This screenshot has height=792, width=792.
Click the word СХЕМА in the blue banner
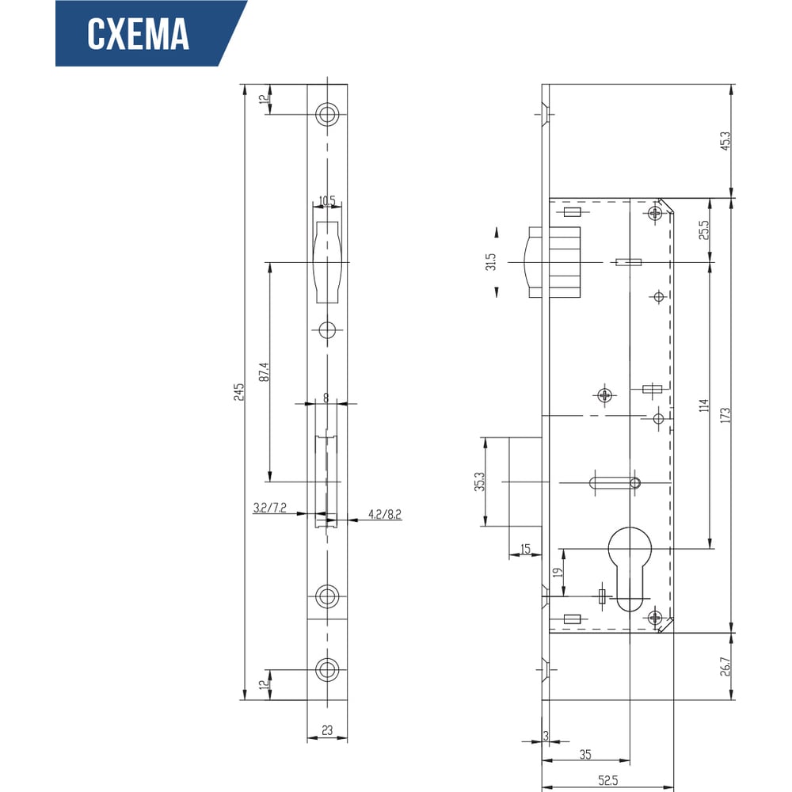coord(138,34)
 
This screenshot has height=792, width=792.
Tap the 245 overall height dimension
coord(238,392)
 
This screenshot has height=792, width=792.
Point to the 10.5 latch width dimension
coord(327,201)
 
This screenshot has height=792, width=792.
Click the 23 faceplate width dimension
coord(327,730)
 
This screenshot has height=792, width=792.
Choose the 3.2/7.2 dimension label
coord(270,508)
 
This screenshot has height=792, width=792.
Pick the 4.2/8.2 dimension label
coord(384,514)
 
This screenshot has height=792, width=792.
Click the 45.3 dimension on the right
coord(725,141)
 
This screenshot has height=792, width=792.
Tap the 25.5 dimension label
coord(704,230)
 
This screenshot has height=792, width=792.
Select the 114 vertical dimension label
coord(704,405)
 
